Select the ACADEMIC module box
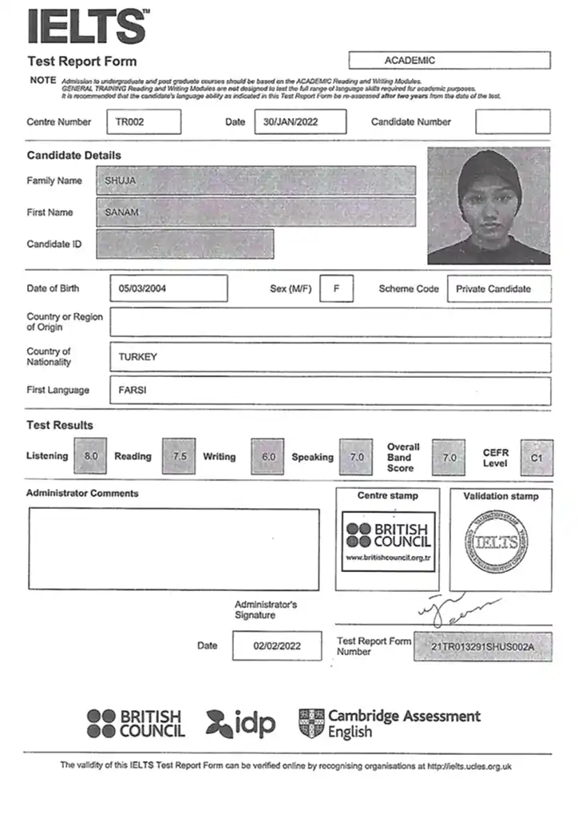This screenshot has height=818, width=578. (449, 61)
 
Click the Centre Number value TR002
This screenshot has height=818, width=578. (143, 122)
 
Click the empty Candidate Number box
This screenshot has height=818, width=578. (513, 122)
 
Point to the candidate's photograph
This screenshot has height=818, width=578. (489, 206)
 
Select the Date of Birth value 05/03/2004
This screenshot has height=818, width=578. (167, 289)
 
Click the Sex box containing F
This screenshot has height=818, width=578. (337, 289)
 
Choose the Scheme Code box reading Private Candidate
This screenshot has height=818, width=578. (499, 289)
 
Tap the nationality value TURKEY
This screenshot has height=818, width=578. (138, 357)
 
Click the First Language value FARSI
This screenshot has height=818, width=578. (133, 391)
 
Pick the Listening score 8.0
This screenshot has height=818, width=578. (91, 456)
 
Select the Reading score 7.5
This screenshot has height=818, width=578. (180, 456)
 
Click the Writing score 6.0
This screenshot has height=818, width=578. (268, 457)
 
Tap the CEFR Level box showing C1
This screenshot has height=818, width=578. (536, 458)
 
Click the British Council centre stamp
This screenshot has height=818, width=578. (388, 542)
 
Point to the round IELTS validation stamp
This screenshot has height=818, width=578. (497, 541)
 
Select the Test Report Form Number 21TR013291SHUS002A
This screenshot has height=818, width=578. (483, 646)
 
